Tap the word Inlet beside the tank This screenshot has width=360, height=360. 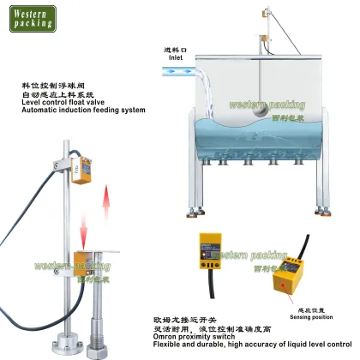coord(175,59)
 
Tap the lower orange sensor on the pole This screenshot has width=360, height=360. coord(84,259)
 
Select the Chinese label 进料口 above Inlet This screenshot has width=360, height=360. coord(175,50)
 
